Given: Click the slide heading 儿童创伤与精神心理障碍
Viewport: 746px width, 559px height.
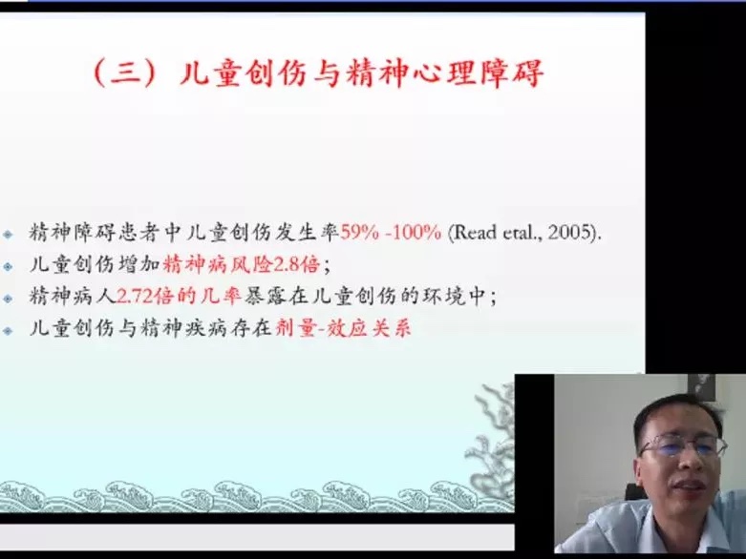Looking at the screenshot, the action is [x=362, y=73].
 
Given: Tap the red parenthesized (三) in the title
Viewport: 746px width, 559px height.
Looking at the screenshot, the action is [x=124, y=73].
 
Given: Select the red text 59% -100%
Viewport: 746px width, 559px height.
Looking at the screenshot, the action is [x=391, y=232].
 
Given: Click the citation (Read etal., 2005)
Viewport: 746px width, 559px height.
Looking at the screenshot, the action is [x=524, y=232].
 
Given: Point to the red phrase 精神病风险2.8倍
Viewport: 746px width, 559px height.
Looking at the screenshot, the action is [x=241, y=264].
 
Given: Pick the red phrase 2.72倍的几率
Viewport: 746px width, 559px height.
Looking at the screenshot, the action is [x=179, y=296].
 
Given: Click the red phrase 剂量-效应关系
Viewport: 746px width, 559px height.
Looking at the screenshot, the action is [x=343, y=328].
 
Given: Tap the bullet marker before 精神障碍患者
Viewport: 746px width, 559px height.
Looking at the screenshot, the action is [x=8, y=234].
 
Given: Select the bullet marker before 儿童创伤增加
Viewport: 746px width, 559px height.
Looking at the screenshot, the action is [x=8, y=266].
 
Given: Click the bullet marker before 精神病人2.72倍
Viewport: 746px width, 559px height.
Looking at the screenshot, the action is [x=8, y=299].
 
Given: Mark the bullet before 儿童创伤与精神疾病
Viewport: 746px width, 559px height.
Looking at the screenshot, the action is [x=8, y=330].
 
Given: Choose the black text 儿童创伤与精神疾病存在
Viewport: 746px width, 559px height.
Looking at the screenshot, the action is [x=150, y=328].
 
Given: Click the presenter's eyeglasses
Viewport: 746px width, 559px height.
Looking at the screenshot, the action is [x=683, y=446].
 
